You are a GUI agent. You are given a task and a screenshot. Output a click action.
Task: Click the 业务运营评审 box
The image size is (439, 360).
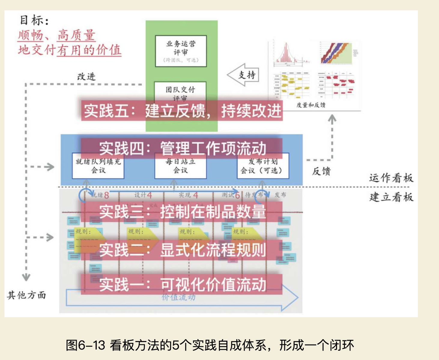(181, 51)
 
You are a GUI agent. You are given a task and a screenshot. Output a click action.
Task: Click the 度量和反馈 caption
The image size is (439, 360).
(311, 105)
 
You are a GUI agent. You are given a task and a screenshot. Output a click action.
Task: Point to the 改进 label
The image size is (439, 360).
(86, 77)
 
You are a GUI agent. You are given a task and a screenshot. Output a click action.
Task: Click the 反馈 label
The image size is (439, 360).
(321, 171)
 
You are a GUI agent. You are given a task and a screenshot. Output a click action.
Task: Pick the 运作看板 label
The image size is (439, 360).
(391, 178)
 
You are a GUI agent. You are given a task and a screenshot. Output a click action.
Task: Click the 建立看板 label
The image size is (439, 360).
(391, 197)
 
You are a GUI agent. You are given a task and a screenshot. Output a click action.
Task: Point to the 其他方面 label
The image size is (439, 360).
(26, 295)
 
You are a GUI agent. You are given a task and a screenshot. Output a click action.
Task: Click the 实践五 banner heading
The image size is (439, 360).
(182, 111)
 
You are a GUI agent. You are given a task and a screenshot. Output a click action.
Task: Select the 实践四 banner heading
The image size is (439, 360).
(182, 148)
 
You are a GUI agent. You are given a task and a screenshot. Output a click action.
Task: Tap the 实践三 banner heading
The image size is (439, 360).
(182, 212)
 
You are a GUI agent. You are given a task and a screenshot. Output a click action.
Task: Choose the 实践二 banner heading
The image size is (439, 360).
(182, 250)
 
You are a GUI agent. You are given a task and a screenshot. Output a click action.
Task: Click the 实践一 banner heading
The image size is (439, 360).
(182, 284)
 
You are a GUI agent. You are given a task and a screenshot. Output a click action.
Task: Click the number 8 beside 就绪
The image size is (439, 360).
(106, 195)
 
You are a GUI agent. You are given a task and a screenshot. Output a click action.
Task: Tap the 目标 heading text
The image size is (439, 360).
(34, 20)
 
